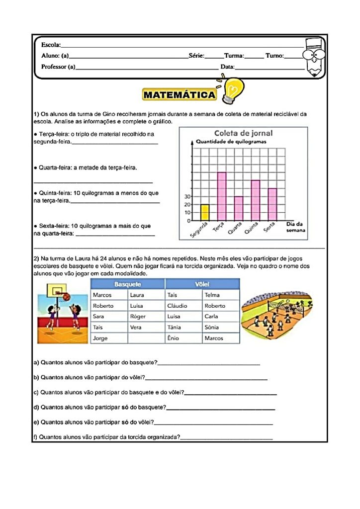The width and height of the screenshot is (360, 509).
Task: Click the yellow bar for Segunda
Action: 205,212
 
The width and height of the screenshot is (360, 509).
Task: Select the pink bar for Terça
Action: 222,196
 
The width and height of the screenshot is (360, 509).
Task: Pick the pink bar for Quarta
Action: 239,208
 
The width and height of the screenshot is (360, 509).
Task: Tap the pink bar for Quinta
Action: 255,200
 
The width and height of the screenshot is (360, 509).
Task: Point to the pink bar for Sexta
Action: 272,204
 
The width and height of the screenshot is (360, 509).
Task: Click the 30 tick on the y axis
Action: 187,196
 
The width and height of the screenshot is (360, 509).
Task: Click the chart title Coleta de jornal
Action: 243,133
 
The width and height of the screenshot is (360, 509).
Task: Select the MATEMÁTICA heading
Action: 180,95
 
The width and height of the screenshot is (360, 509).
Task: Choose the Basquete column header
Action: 128,284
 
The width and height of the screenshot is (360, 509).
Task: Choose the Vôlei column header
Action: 202,284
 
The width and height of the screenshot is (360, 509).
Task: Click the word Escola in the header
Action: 50,45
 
